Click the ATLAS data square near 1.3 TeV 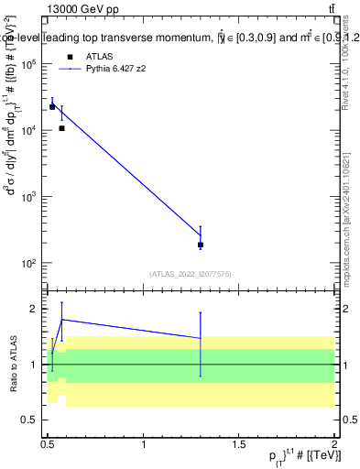201,245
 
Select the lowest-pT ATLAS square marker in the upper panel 52,107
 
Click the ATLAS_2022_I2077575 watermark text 191,273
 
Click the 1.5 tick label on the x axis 240,444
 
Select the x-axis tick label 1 144,444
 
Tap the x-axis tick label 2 335,444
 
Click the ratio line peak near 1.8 61,320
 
